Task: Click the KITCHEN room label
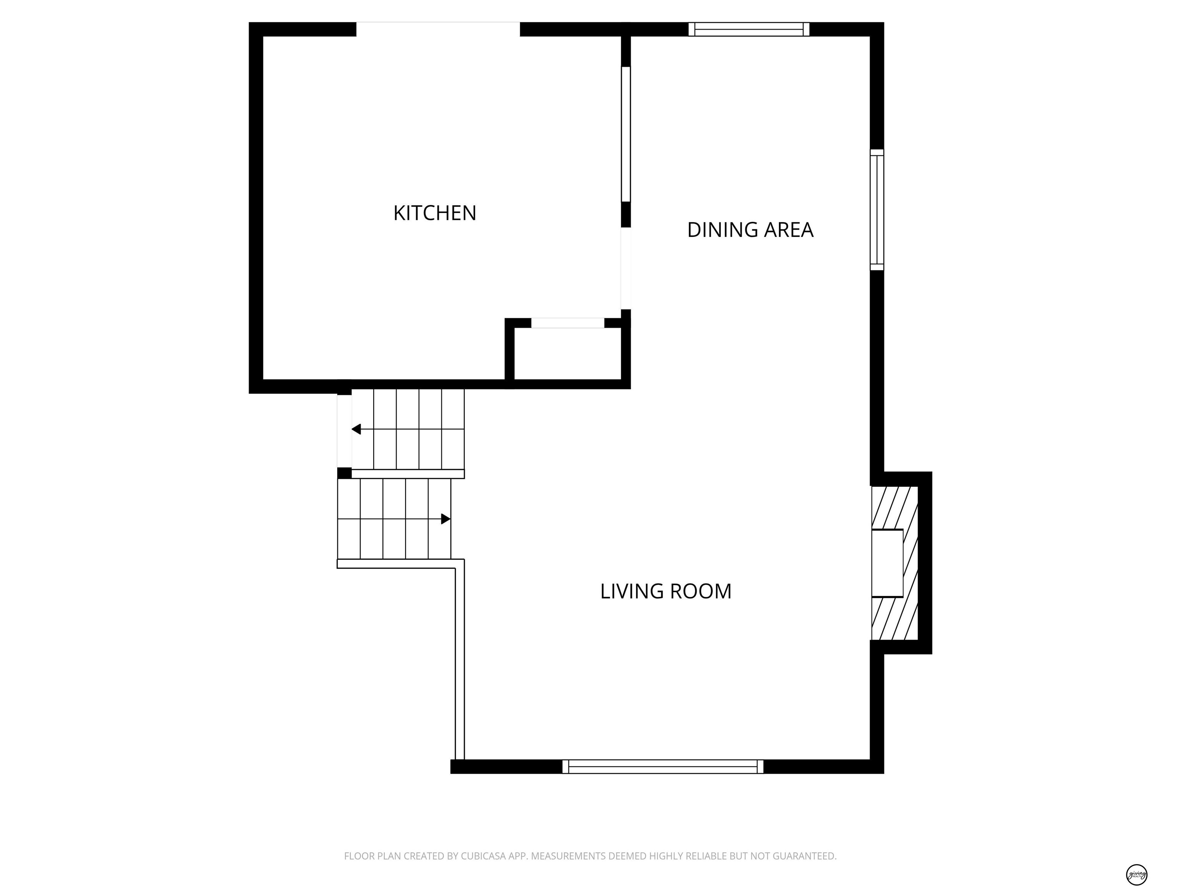[434, 213]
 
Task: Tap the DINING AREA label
[750, 230]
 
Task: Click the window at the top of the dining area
[749, 29]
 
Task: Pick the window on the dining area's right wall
[877, 209]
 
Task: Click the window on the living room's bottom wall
[662, 766]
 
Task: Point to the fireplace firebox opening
[887, 563]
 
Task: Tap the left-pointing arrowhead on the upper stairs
[356, 429]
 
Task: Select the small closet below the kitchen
[567, 353]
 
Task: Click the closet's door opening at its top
[567, 323]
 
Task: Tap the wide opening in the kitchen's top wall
[438, 29]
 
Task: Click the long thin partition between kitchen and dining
[626, 133]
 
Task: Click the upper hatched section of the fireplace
[894, 507]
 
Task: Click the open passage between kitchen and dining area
[626, 268]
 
